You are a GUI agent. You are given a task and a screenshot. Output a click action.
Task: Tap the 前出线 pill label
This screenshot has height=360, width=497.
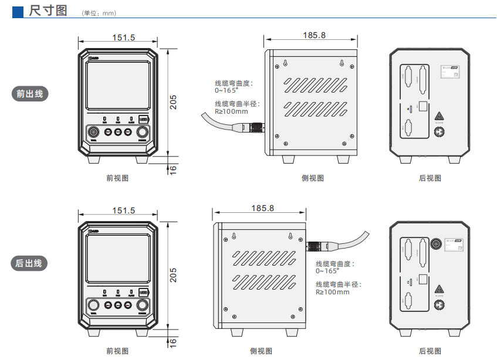point(29,93)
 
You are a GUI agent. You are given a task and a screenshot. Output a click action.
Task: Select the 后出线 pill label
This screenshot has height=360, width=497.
point(29,263)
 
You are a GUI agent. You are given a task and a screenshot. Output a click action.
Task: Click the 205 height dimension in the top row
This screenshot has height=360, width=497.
point(173,103)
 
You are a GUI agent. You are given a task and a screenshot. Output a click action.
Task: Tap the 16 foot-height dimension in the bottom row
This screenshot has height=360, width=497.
point(173,342)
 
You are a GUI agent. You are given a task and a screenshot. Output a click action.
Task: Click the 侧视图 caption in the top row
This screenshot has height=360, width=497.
point(313,178)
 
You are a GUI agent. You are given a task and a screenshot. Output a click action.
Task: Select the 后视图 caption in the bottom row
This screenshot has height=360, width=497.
point(430,351)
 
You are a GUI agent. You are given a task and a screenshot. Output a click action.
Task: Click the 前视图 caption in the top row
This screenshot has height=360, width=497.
point(117,178)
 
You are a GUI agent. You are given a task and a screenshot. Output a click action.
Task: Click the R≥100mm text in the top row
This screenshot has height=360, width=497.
point(231,111)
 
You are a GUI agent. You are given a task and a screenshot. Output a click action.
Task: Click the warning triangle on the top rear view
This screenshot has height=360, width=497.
point(438,116)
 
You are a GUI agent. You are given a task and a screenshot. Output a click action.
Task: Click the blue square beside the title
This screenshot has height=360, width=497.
point(18,11)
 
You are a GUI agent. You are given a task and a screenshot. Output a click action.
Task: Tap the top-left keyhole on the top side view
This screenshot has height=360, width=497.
point(286,63)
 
